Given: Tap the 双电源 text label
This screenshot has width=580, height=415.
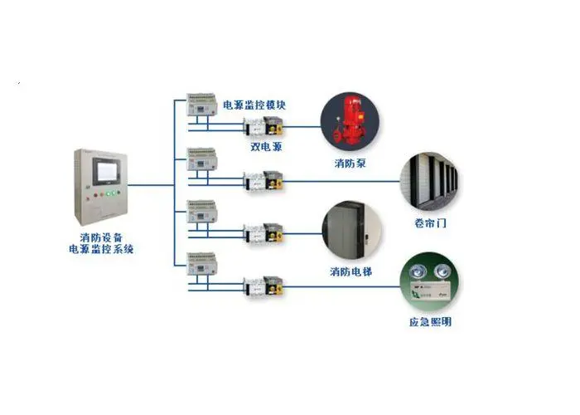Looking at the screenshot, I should [265, 146].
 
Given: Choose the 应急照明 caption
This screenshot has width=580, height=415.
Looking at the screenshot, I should [430, 322].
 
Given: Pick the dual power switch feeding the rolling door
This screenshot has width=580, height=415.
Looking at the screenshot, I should [263, 179].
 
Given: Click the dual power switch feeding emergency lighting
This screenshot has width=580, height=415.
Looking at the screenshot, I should [263, 284].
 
